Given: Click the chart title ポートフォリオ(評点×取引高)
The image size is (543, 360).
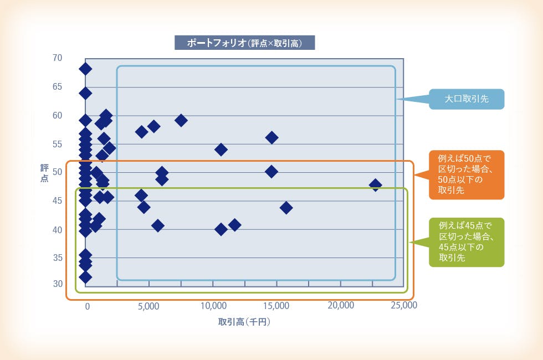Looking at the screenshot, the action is (x=244, y=43).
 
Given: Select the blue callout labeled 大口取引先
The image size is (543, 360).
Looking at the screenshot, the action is (x=467, y=99).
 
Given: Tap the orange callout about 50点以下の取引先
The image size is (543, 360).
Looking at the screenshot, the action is (x=467, y=174).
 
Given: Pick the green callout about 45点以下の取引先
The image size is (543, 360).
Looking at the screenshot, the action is (x=467, y=242).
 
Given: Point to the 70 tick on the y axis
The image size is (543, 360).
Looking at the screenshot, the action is (x=58, y=58).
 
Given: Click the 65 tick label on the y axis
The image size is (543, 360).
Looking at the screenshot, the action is (x=58, y=86).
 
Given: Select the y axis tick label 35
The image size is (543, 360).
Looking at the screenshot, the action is (x=58, y=258).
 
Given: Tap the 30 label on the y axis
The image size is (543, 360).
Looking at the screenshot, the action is (x=58, y=284).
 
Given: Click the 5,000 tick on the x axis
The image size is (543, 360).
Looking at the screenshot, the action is (x=148, y=306).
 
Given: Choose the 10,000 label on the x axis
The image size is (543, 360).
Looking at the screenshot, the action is (x=213, y=306).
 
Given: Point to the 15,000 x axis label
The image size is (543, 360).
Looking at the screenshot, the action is (x=276, y=306).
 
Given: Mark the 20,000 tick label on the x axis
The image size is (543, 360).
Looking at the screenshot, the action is (x=341, y=305).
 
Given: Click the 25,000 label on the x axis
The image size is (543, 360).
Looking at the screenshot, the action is (x=404, y=305).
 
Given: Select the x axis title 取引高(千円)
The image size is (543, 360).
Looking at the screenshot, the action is (x=244, y=322).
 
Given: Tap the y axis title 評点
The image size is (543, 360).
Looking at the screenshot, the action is (x=44, y=173).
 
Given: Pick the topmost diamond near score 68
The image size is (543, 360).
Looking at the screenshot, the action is (x=85, y=69).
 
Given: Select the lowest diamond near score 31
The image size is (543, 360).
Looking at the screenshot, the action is (x=85, y=277).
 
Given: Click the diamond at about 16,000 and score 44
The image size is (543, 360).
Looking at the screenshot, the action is (x=286, y=208).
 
